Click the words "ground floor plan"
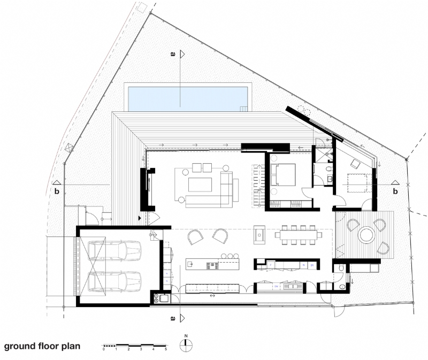pyautogui.click(x=42, y=346)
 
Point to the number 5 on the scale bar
pyautogui.click(x=166, y=349)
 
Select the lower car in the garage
pyautogui.click(x=114, y=281)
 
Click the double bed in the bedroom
pyautogui.click(x=283, y=174)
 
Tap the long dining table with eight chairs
pyautogui.click(x=299, y=234)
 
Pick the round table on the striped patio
pyautogui.click(x=367, y=234)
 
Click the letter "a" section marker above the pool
pyautogui.click(x=172, y=54)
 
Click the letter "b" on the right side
pyautogui.click(x=395, y=191)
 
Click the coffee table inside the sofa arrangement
pyautogui.click(x=200, y=184)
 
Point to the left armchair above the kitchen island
pyautogui.click(x=195, y=236)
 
